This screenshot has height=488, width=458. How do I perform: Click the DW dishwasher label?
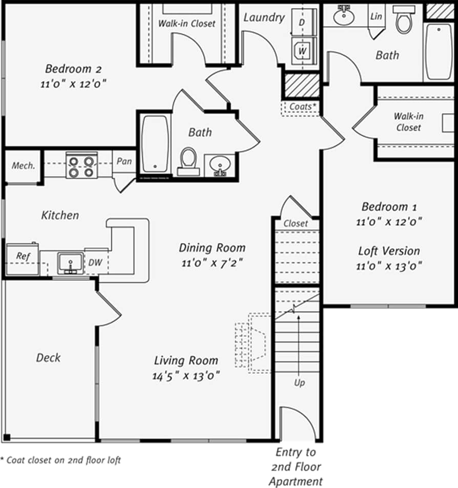[95, 263]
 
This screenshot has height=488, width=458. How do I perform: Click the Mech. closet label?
[24, 165]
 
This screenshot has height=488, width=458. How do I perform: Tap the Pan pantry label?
[124, 161]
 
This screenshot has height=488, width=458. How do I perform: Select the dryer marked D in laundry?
[303, 23]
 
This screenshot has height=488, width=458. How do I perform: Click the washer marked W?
[303, 51]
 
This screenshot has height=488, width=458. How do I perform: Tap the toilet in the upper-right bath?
[404, 20]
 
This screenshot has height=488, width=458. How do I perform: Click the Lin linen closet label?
[376, 16]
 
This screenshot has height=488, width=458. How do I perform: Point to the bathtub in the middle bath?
[155, 143]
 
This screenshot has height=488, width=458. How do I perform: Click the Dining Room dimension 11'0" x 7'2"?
[212, 263]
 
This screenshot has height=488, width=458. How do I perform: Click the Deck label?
[48, 357]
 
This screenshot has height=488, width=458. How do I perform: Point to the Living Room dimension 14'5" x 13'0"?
[186, 376]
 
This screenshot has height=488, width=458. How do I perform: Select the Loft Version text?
[389, 251]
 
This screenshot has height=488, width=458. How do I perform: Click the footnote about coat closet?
[60, 460]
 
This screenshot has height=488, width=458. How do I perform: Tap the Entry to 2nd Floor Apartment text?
[296, 466]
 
